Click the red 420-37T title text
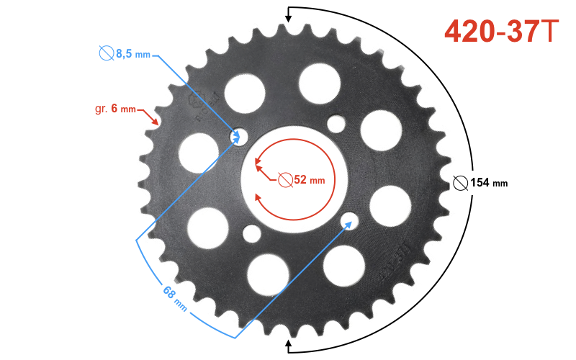tap(501, 30)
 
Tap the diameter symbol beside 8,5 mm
tap(107, 53)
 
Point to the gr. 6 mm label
tap(115, 109)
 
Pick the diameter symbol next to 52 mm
tap(285, 179)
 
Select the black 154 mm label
tap(489, 183)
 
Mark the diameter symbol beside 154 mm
tap(461, 183)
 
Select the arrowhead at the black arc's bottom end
tap(289, 346)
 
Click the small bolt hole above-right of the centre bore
tap(336, 124)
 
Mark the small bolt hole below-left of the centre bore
tap(252, 233)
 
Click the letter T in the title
tap(550, 30)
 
